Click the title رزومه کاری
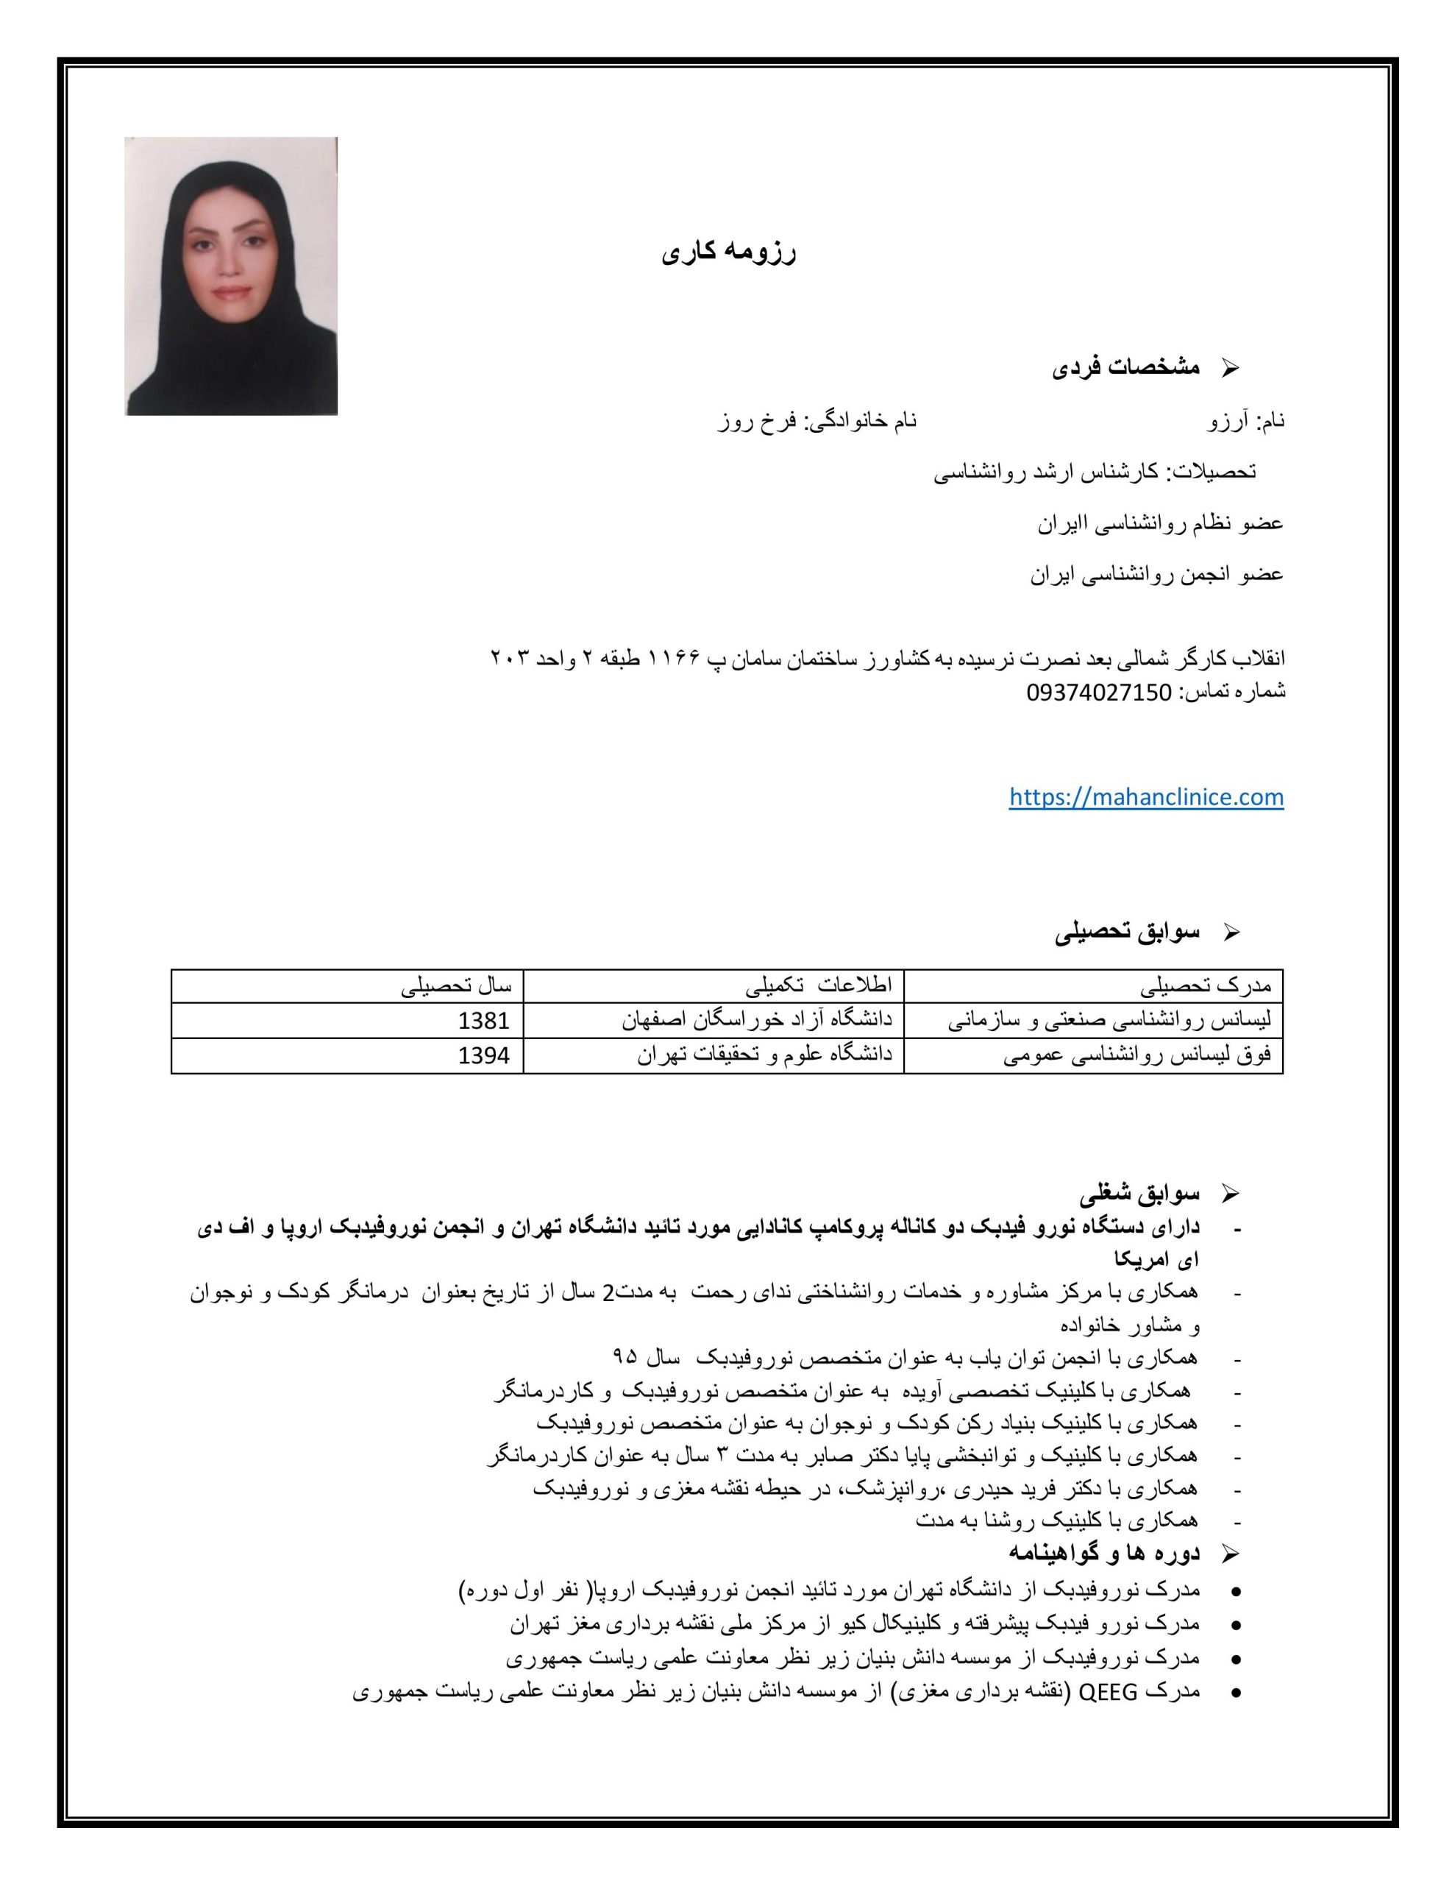(x=729, y=254)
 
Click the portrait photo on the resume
(x=230, y=276)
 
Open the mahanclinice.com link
(x=1145, y=796)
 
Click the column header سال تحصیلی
(x=456, y=987)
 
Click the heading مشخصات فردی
(x=1125, y=367)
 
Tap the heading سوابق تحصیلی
(x=1127, y=932)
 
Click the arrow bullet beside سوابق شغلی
(x=1231, y=1196)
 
